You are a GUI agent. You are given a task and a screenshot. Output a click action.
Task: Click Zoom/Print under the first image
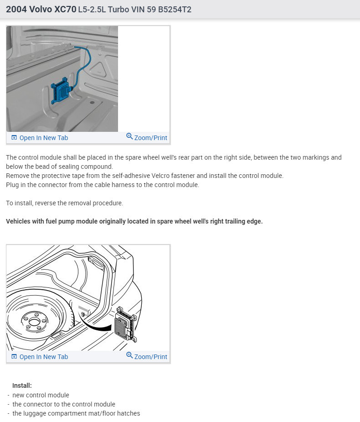click(x=150, y=138)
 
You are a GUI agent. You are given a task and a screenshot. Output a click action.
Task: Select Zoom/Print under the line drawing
click(x=150, y=357)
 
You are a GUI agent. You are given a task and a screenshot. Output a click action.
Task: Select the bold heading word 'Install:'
click(x=22, y=386)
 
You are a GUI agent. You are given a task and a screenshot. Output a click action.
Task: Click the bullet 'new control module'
click(x=41, y=395)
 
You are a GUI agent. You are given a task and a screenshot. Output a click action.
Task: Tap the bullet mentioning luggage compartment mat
click(x=76, y=413)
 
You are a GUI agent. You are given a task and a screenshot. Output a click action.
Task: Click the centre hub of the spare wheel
click(x=33, y=322)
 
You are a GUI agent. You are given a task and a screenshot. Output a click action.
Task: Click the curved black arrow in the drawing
click(x=98, y=325)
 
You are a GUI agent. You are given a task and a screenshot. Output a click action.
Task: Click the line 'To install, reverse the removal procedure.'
click(x=64, y=203)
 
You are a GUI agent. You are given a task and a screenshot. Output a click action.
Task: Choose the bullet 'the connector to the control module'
click(x=64, y=404)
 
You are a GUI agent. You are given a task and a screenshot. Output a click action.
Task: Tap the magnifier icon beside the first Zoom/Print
click(x=129, y=136)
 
